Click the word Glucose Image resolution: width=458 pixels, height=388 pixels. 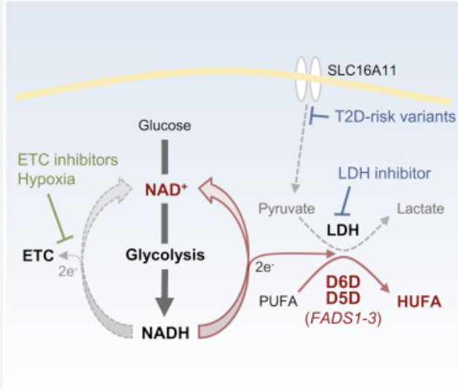coord(165,126)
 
